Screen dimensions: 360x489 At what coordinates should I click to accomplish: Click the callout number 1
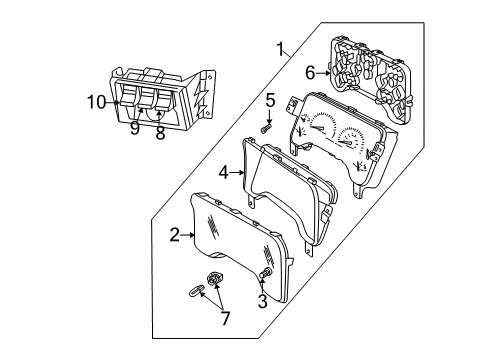point(284,47)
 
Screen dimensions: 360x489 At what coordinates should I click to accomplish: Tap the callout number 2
point(174,235)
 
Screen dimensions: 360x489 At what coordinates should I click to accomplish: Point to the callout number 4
point(225,172)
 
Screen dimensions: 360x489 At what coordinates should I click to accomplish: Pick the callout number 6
point(310,71)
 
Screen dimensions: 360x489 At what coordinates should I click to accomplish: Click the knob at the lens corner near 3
point(266,274)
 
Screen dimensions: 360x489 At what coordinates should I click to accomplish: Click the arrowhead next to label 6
point(326,71)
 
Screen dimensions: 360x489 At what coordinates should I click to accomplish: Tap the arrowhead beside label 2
point(192,235)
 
